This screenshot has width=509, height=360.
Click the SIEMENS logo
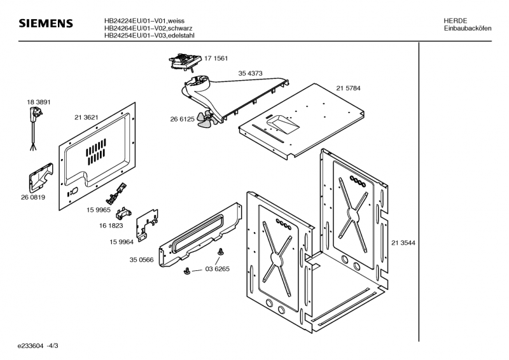[46, 24]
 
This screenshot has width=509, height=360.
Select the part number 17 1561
[216, 59]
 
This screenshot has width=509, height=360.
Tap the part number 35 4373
[251, 74]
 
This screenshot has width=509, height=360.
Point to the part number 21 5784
[349, 88]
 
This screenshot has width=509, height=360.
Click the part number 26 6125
[182, 119]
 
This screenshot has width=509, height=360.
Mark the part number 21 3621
[86, 117]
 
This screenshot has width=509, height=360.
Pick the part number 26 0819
[33, 197]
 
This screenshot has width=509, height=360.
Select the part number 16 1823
[111, 225]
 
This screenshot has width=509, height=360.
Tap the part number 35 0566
[142, 260]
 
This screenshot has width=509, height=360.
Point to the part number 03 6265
[217, 269]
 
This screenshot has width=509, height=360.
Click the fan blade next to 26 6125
[205, 119]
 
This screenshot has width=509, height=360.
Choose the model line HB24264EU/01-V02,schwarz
[149, 29]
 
